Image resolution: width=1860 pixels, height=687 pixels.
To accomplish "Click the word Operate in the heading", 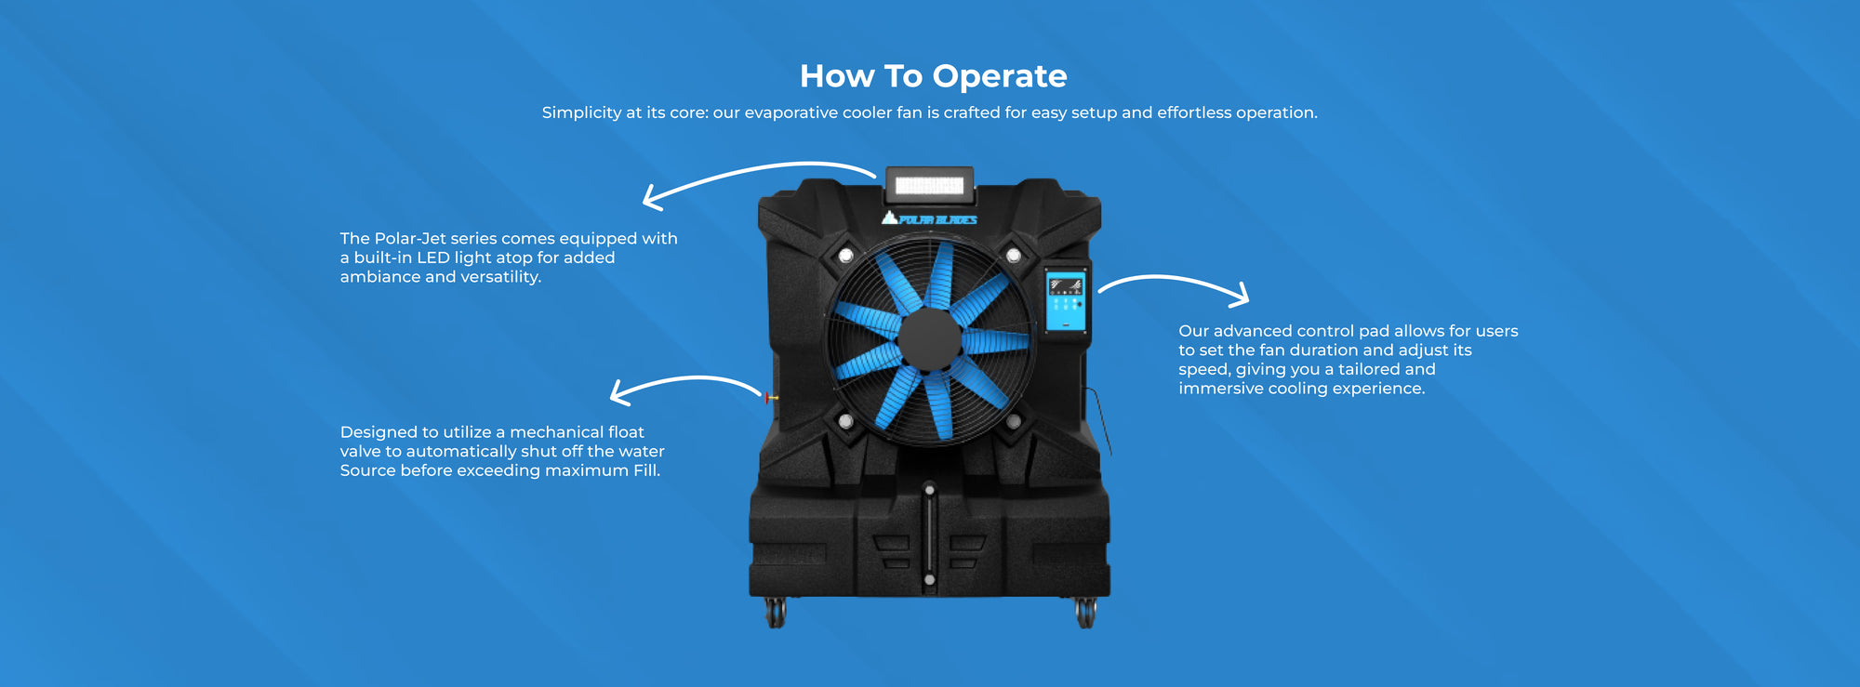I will [999, 76].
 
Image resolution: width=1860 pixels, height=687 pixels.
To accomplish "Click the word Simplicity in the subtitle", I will [581, 112].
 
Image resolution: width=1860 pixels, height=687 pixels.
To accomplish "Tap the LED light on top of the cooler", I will [929, 186].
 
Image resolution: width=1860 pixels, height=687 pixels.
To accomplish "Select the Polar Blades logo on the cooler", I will [929, 219].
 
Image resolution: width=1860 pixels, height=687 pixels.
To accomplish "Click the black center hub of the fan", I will [929, 339].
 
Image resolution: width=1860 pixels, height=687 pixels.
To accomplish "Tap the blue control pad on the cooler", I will [1065, 300].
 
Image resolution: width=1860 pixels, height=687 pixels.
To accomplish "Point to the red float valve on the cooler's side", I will [769, 398].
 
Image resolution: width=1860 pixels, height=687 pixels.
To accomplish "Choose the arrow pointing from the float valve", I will [684, 383].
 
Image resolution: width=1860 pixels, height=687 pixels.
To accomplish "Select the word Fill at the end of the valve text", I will [645, 470].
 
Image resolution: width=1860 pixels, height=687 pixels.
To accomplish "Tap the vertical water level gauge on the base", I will [929, 535].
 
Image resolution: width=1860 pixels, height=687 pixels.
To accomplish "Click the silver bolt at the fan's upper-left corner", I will [845, 255].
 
